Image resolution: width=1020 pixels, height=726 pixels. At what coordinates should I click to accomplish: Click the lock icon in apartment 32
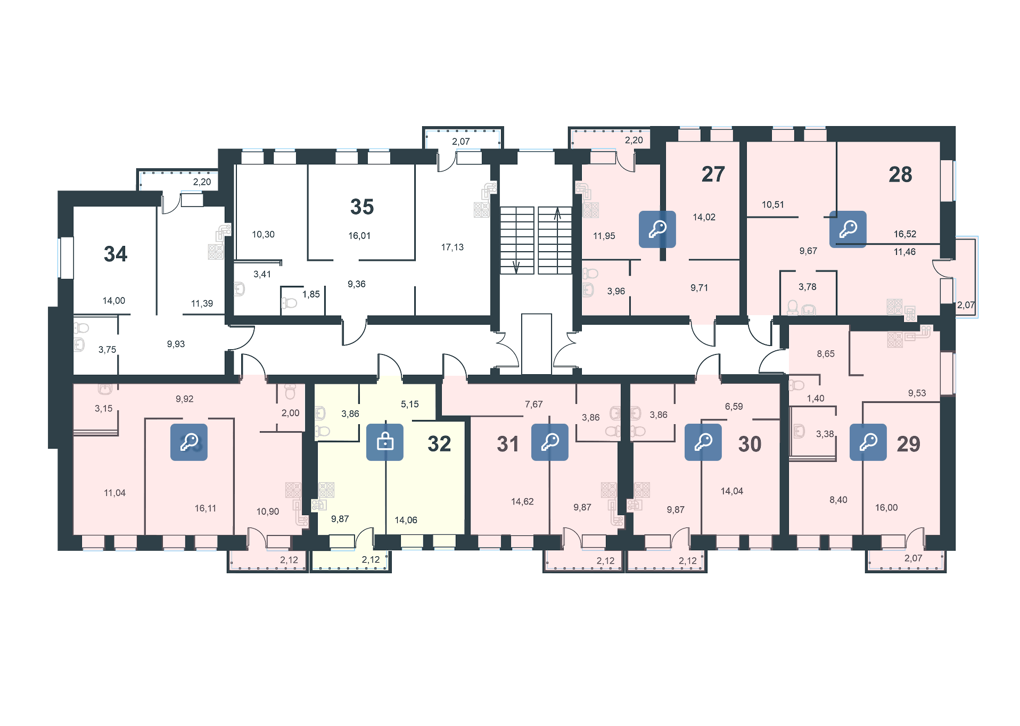coord(385,442)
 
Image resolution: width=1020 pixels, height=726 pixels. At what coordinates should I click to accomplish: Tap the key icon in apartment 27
coord(657,229)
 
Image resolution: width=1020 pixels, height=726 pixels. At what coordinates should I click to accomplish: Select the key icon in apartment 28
coord(848,229)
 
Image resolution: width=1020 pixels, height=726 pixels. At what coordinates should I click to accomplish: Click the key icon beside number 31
coord(550,442)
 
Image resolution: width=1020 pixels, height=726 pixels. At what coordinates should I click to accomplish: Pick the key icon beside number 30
coord(703,442)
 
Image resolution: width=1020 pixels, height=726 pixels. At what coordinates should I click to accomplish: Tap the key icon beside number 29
coord(868,442)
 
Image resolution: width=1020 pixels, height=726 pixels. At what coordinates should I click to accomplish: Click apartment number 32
coord(439,444)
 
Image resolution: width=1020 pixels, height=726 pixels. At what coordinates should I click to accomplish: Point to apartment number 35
coord(362,207)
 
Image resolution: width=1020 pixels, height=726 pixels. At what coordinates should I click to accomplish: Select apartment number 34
coord(116,254)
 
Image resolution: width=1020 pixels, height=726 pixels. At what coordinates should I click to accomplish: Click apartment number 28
coord(900,175)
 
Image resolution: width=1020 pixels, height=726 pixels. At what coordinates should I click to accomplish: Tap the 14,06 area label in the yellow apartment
coord(406,520)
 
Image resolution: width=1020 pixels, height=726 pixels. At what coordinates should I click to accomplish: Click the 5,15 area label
coord(410,405)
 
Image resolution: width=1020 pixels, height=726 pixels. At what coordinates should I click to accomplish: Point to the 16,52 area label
coord(905,234)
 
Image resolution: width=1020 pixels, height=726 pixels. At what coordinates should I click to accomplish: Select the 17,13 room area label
coord(452,247)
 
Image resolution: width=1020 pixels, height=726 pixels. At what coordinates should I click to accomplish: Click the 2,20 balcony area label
coord(634,140)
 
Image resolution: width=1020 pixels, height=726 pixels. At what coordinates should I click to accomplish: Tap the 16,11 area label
coord(205,508)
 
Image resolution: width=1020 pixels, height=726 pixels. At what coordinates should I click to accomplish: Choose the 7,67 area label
coord(533,405)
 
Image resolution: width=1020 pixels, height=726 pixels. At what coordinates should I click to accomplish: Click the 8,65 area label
coord(826,354)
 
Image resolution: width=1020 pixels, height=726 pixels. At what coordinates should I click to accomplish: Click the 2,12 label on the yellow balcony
coord(371,559)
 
